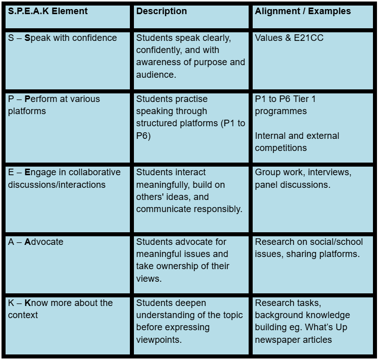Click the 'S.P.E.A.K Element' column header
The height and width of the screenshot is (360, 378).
(48, 11)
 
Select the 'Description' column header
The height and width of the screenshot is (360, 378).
(161, 11)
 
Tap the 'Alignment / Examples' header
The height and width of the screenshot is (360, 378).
(303, 11)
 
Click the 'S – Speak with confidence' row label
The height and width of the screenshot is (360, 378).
(62, 38)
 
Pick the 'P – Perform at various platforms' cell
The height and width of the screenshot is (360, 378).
(54, 105)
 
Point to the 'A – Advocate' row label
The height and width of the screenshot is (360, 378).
(35, 242)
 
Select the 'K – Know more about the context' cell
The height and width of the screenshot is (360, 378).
(60, 309)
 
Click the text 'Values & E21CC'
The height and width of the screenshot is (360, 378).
(289, 38)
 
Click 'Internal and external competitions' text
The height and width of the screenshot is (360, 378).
(297, 142)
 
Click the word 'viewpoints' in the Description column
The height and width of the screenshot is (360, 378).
(158, 340)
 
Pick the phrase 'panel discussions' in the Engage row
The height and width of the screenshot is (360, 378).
(293, 185)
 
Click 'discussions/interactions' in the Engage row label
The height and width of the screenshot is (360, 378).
(57, 185)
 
